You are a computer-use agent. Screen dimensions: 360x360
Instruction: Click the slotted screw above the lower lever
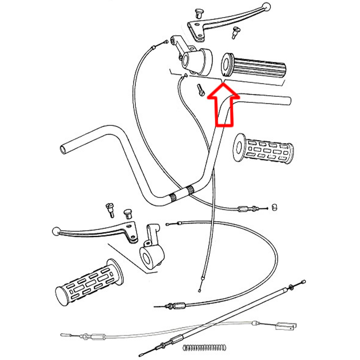click(109, 209)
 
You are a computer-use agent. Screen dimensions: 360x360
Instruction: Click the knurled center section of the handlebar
click(181, 193)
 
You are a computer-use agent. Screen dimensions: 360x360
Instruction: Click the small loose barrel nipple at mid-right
click(274, 207)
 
